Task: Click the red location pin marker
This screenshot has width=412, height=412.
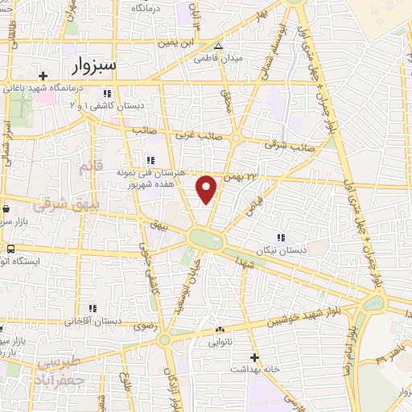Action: coord(207,188)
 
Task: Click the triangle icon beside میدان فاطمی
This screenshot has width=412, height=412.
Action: coord(219,45)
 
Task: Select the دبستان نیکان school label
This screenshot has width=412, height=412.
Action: coord(281,250)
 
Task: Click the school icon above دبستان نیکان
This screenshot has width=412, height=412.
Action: coord(281,238)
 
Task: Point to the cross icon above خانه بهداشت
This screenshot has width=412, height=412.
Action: coord(254,357)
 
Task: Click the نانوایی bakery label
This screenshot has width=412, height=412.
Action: coord(220,341)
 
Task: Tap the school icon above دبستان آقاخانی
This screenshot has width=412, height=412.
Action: coord(93,308)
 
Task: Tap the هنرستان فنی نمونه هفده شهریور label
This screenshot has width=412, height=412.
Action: coord(153,178)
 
